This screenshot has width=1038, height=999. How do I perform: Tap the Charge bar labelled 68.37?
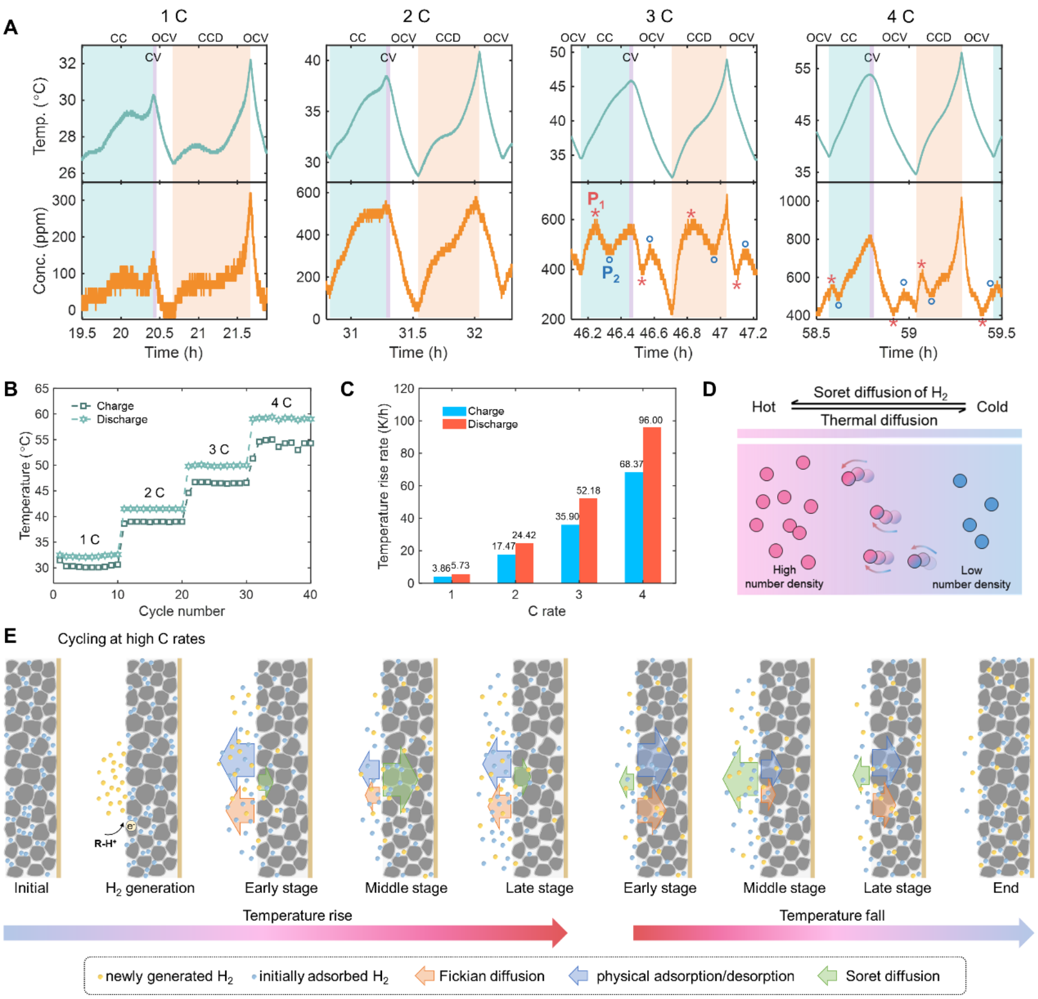[634, 527]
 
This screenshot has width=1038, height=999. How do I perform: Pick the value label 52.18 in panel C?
[588, 491]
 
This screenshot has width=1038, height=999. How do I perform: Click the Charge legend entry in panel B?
[114, 406]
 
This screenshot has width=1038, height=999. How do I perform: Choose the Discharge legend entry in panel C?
[492, 425]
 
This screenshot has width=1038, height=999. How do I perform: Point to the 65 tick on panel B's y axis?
[42, 389]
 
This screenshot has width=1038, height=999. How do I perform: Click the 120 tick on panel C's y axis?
[404, 389]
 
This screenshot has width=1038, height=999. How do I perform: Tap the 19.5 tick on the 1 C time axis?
[82, 333]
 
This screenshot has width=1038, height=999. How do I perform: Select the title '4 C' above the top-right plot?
[901, 16]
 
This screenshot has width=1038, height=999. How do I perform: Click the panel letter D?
[709, 390]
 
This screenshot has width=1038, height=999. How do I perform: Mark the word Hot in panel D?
[763, 407]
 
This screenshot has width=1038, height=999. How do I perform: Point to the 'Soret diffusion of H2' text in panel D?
[880, 393]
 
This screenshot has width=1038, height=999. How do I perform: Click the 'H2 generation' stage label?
[150, 888]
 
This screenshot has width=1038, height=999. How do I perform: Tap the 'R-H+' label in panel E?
[105, 844]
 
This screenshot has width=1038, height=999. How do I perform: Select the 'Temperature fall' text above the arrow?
[832, 916]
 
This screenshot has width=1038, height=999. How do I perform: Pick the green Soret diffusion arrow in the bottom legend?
[828, 976]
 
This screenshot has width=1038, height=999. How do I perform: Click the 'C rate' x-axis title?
[546, 611]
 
